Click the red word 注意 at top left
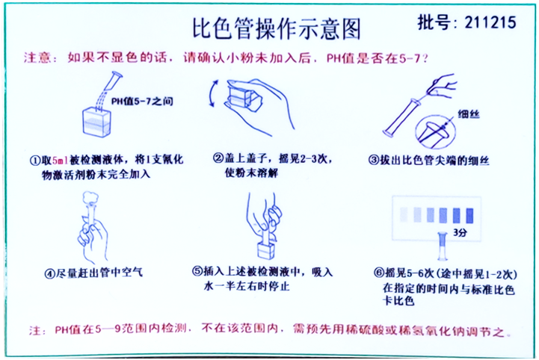click(x=37, y=58)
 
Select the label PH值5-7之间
click(x=142, y=101)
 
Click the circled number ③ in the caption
click(x=373, y=160)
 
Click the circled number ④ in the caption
click(x=51, y=273)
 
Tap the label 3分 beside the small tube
click(x=461, y=234)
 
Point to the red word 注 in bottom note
click(x=33, y=329)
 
